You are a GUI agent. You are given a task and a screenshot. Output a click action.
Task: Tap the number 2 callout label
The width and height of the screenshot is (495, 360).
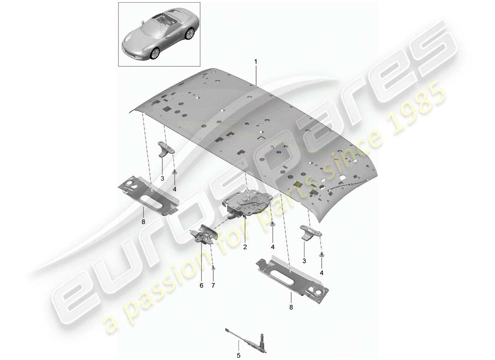[x=245, y=247]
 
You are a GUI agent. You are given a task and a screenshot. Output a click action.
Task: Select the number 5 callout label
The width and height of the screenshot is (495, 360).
[x=239, y=346]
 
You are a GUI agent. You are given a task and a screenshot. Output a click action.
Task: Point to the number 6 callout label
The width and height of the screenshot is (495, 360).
[x=201, y=285]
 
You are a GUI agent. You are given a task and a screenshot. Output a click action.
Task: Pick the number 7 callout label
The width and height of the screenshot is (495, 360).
[x=213, y=285]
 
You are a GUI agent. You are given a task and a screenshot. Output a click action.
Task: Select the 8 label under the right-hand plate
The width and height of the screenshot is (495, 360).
[x=291, y=307]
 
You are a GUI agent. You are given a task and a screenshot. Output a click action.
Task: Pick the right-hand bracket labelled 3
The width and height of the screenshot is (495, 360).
[x=309, y=232]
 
